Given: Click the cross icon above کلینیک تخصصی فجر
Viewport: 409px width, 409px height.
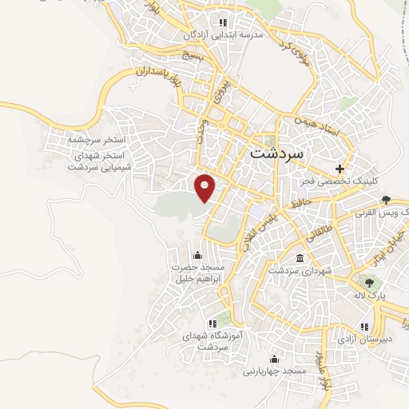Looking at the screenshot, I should (340, 169).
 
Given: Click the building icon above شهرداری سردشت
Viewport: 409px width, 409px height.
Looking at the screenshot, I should (299, 258).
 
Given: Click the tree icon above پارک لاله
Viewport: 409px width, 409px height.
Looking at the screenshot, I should (368, 281).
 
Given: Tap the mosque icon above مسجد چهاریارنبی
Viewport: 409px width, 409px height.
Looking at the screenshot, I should (276, 359).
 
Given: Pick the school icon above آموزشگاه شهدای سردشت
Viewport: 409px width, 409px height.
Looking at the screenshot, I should (212, 324).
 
